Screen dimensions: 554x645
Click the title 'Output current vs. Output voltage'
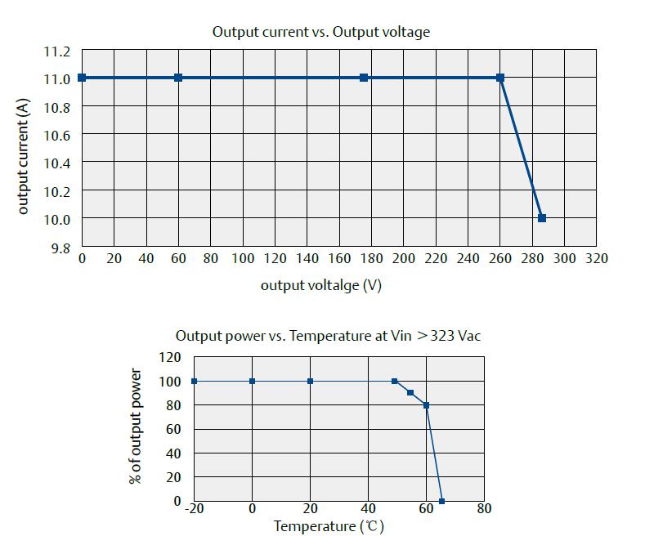(x=320, y=32)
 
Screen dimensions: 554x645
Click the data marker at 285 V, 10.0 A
(x=541, y=218)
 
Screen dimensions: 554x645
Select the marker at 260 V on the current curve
(x=500, y=78)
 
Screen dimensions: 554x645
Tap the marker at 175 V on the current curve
(x=364, y=78)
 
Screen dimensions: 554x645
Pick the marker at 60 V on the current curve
(x=178, y=78)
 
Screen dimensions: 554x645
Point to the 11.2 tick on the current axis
(x=57, y=51)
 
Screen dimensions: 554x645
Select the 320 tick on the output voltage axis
(x=597, y=258)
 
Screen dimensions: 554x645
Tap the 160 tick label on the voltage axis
(x=339, y=258)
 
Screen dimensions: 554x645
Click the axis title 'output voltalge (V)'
(x=320, y=285)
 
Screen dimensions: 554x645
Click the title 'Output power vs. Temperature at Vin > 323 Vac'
(x=334, y=336)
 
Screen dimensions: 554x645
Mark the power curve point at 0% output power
(x=441, y=501)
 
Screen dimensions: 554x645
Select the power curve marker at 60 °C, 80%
(x=426, y=405)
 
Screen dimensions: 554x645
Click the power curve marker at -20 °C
(x=194, y=381)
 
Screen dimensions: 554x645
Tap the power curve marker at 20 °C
(x=310, y=381)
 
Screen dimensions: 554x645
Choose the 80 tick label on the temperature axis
(x=484, y=508)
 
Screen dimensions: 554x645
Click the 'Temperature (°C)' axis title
(x=328, y=526)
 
